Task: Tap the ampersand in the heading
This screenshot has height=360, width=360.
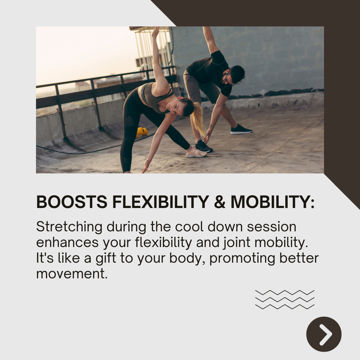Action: [x=219, y=202]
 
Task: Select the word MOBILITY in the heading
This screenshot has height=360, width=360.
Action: [x=272, y=202]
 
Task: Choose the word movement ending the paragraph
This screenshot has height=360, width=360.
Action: [x=72, y=274]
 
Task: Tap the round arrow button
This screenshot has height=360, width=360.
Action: [x=324, y=334]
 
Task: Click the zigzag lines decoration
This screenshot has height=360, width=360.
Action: [x=285, y=299]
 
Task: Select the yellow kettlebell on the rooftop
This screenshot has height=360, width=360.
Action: [x=142, y=131]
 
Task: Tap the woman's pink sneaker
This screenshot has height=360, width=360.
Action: [x=195, y=152]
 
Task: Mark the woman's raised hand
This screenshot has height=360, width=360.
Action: [x=155, y=32]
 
